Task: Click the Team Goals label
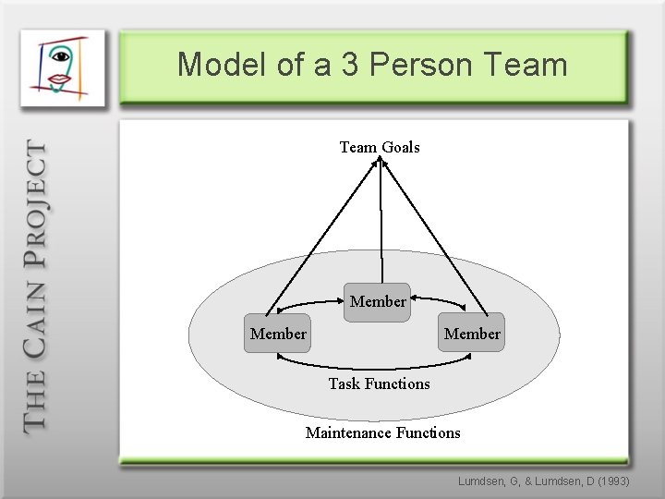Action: (x=380, y=147)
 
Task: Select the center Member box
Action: (x=377, y=302)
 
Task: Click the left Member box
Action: (x=278, y=334)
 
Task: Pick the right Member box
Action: (x=472, y=334)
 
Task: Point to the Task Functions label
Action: (x=379, y=383)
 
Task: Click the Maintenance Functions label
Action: (x=382, y=432)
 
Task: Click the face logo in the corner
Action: (x=63, y=67)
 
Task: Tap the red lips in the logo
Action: (x=60, y=80)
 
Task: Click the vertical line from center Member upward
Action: (x=381, y=222)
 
